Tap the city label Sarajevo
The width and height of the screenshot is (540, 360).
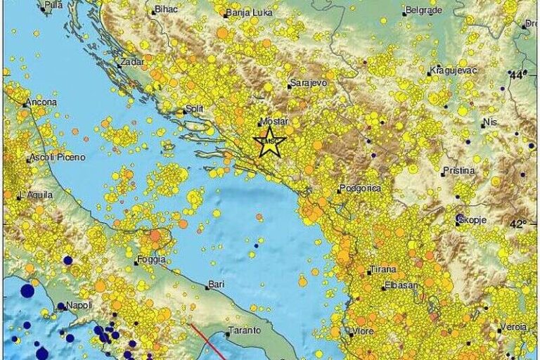[308, 84]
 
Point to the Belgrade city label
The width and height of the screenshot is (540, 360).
[425, 11]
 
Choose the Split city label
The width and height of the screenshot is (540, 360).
[193, 109]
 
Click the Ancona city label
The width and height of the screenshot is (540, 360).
[41, 102]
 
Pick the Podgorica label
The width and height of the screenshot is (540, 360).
[360, 188]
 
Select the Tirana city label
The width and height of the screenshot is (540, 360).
[383, 269]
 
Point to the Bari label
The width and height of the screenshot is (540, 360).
[215, 285]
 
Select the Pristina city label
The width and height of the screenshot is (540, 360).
[458, 171]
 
